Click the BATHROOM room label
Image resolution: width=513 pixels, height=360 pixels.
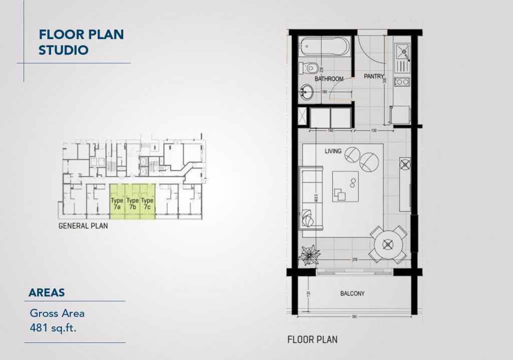point(329,79)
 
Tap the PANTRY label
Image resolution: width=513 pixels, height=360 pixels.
point(373,77)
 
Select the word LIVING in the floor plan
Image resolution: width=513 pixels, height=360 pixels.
point(333,151)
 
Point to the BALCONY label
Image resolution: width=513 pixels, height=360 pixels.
point(353,294)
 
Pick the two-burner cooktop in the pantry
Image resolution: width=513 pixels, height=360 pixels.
point(401,82)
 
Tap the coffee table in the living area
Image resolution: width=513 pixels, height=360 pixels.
point(346,186)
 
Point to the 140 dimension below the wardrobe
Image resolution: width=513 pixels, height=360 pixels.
point(331,130)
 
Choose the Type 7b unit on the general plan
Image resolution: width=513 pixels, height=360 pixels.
point(133,203)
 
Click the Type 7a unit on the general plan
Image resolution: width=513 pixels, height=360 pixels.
point(117,203)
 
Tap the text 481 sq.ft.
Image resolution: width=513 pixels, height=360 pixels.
point(54,329)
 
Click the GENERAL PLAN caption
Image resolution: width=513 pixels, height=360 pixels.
point(83,226)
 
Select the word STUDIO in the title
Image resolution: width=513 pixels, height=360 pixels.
point(64,50)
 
